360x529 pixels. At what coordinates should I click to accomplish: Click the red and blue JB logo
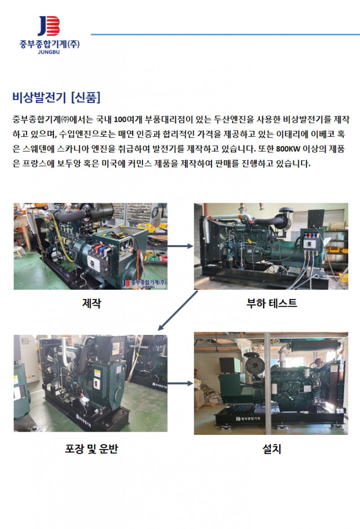coord(49,26)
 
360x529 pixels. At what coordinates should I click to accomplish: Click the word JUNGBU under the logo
coord(49,52)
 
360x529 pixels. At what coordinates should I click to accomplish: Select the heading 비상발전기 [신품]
coord(56,97)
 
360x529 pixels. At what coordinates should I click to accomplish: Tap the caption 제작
coord(91,304)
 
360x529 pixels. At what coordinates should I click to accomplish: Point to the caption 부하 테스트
coord(272,304)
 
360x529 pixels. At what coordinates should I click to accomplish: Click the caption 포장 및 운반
coord(91,449)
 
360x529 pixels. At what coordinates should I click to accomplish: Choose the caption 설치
coord(272,449)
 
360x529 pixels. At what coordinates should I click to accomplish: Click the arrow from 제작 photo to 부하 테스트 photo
coord(180,246)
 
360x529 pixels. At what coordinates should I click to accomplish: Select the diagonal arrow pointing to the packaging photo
coord(178,310)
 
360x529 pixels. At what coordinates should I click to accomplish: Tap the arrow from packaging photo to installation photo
coord(180,384)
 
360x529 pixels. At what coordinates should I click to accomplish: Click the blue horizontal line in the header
coord(225,35)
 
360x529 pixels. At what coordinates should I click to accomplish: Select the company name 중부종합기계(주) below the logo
coord(49,44)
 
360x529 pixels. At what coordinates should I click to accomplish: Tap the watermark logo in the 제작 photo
coord(144,283)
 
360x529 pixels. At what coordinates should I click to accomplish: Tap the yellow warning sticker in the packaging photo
coord(97,374)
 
